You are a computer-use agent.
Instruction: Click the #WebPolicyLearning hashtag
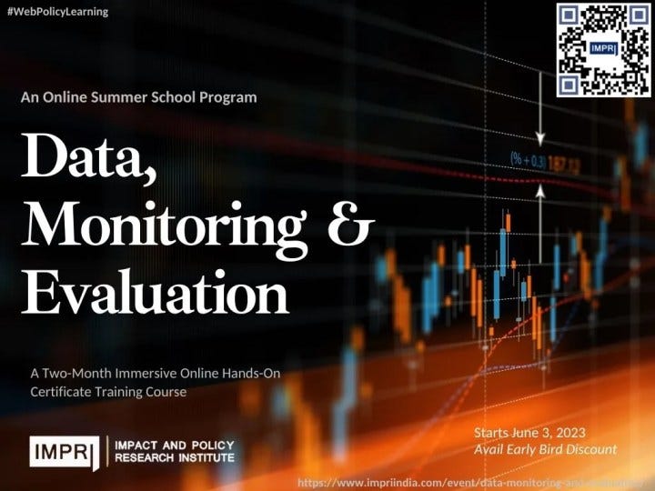57,12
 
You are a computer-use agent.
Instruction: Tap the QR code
603,50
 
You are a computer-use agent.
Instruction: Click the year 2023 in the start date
567,431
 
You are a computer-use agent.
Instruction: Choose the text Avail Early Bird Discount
546,449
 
